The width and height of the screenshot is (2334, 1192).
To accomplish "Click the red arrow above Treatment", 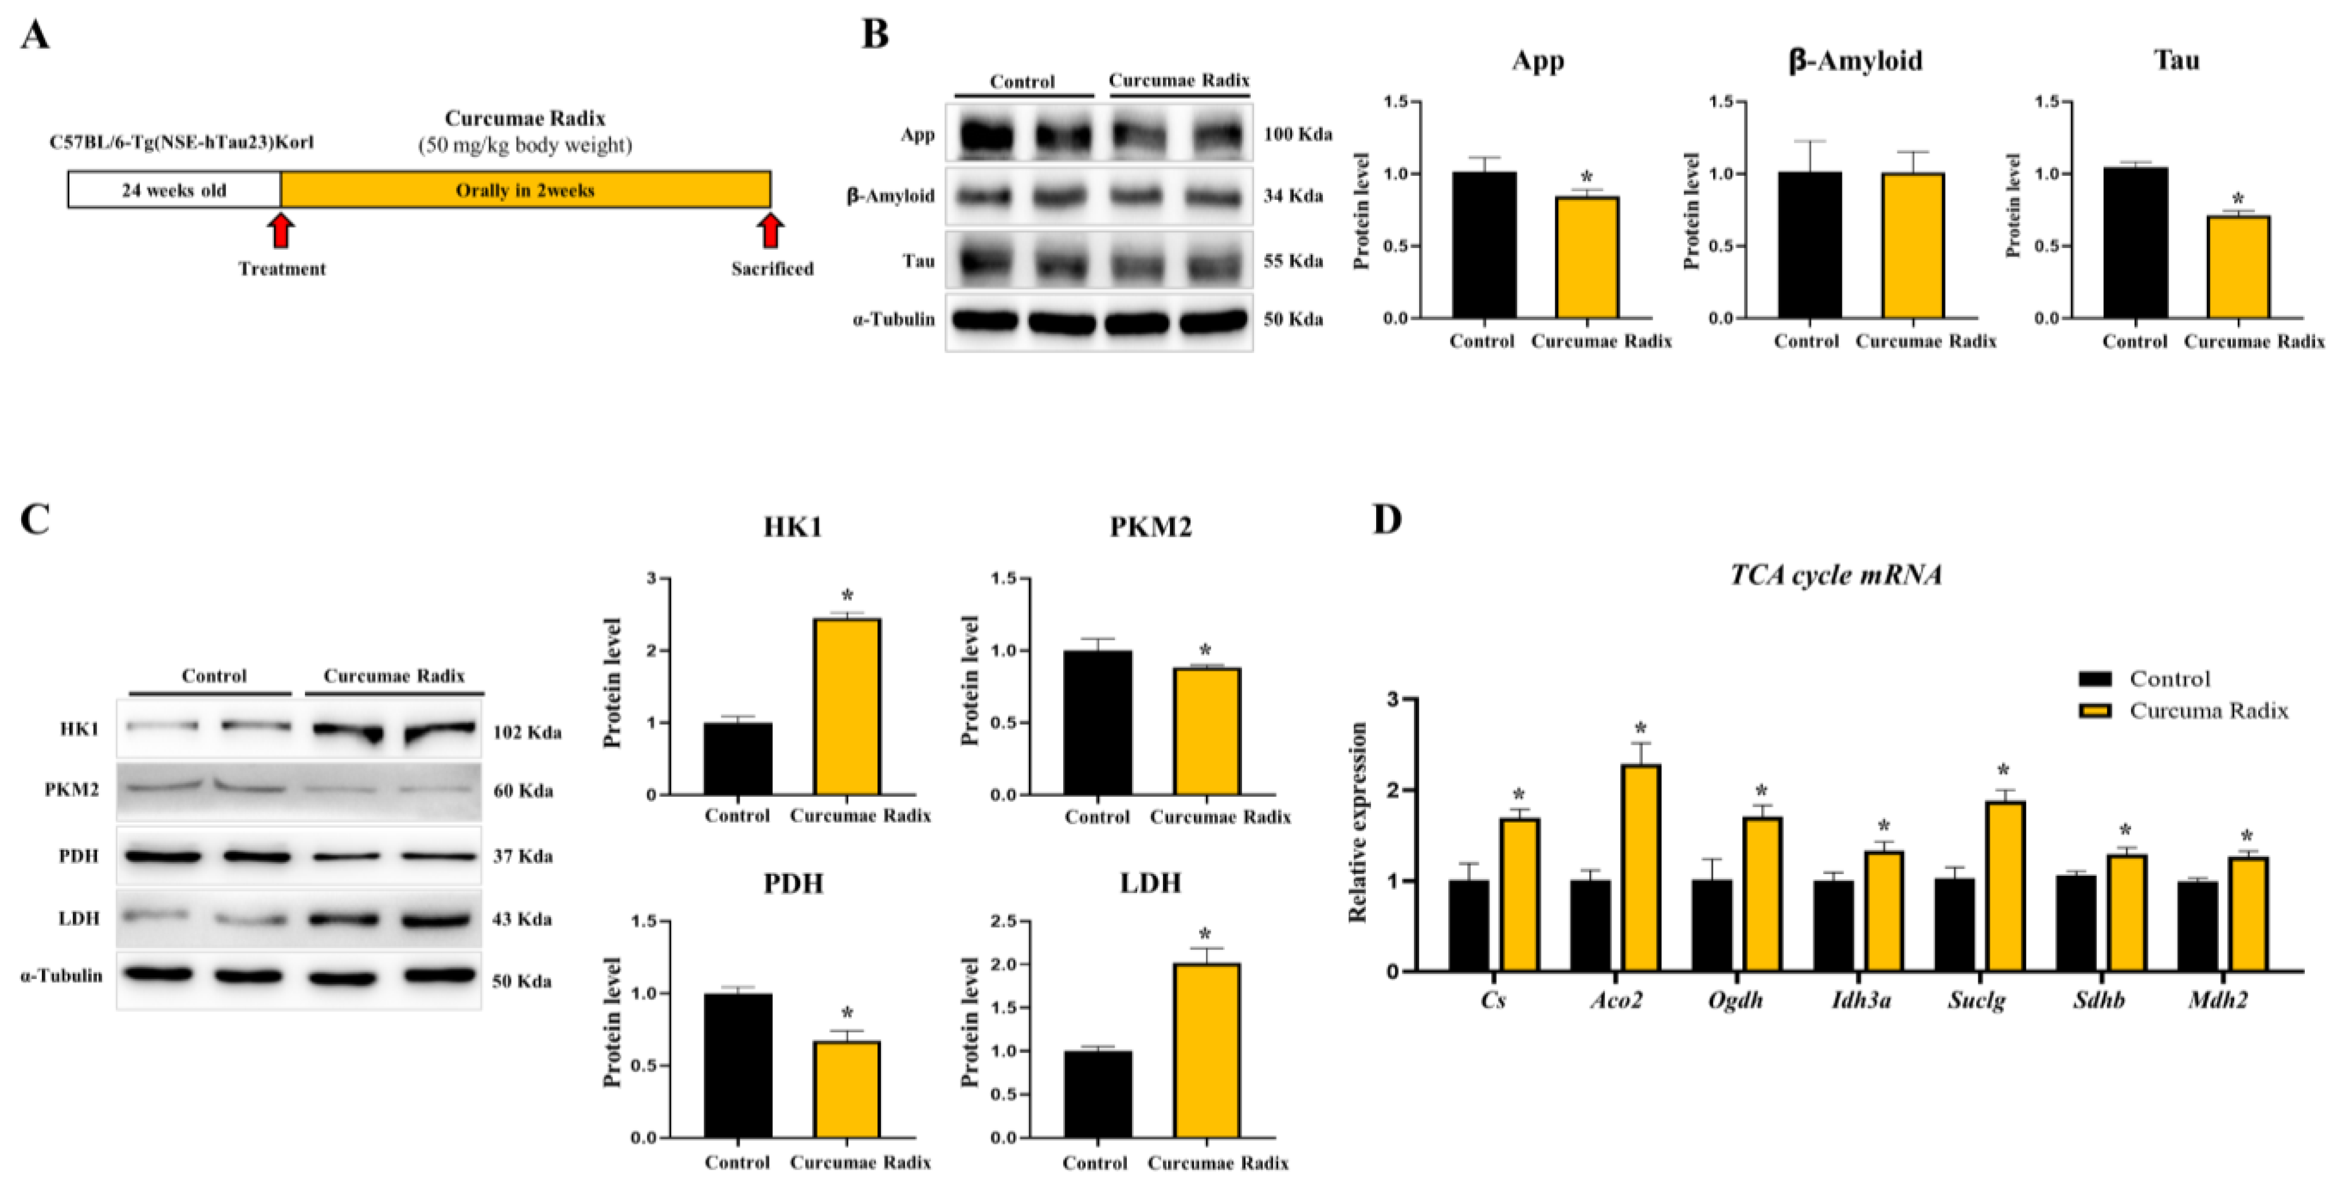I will coord(282,230).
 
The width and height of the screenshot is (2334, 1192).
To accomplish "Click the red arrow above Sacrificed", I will coord(771,230).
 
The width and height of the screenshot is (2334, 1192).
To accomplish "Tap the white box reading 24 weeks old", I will coord(175,190).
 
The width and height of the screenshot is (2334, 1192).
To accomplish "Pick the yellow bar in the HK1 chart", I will coord(847,706).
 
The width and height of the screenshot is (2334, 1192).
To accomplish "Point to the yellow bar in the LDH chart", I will coord(1206,1051).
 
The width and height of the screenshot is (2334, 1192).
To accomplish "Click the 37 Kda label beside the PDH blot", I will coord(523,856).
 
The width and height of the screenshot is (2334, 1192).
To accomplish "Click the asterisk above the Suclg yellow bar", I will coord(2003,771).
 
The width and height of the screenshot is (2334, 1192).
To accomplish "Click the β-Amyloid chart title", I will coord(1854,61).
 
